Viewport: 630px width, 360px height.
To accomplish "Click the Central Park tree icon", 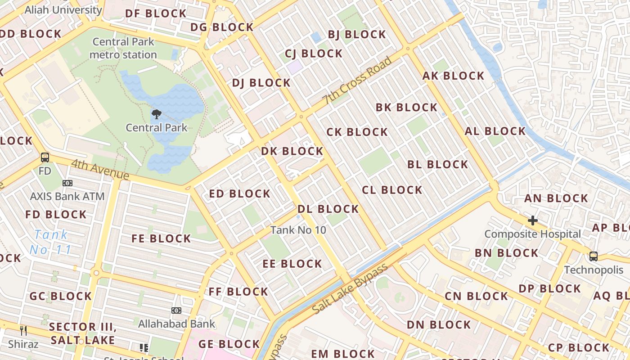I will click(x=156, y=114).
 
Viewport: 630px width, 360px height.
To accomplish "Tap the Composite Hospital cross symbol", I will click(x=533, y=220).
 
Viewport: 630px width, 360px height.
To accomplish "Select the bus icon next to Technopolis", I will click(x=594, y=256).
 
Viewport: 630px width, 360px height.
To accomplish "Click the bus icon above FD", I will click(x=45, y=157).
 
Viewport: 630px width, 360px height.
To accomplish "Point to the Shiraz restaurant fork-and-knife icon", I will click(x=23, y=331).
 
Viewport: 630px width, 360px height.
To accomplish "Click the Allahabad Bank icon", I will click(x=176, y=310).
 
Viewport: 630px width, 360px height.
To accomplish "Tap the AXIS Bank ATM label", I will click(x=67, y=196).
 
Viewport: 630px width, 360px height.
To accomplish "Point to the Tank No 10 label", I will click(x=298, y=230).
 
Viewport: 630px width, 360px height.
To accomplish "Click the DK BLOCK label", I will click(x=292, y=151).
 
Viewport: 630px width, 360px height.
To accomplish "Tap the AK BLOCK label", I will click(x=453, y=76).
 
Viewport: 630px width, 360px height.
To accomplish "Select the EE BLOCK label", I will click(x=292, y=264).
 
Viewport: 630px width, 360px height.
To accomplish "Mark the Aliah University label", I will click(x=63, y=9).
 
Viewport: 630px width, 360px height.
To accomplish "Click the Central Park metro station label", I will click(x=123, y=48).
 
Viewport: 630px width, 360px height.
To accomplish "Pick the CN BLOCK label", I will click(x=476, y=296).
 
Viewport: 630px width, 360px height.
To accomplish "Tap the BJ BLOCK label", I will click(x=356, y=35).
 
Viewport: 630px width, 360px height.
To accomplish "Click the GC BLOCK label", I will click(x=60, y=296).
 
